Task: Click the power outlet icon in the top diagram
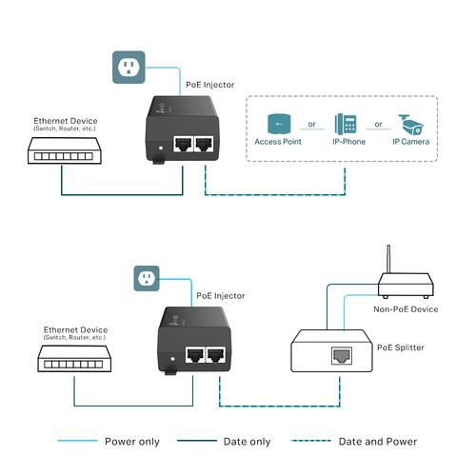click(129, 67)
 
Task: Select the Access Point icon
click(279, 124)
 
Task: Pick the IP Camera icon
click(411, 124)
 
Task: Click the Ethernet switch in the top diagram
click(62, 149)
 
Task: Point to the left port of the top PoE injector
click(181, 145)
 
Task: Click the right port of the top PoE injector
click(204, 145)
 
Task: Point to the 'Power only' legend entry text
click(133, 442)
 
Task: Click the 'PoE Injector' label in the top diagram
click(209, 85)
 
